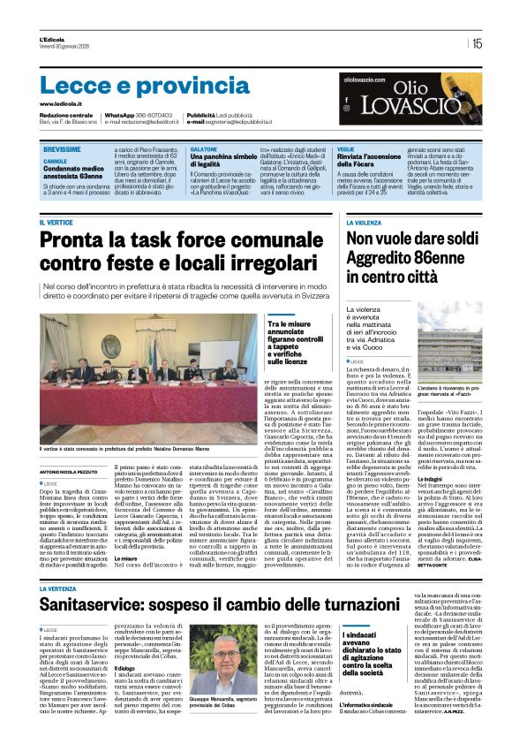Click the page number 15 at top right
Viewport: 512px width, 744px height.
pyautogui.click(x=477, y=43)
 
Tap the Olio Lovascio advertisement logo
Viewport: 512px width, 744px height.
pyautogui.click(x=412, y=104)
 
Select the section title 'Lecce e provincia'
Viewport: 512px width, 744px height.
pyautogui.click(x=132, y=86)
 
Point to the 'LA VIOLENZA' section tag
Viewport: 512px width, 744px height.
pyautogui.click(x=365, y=223)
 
